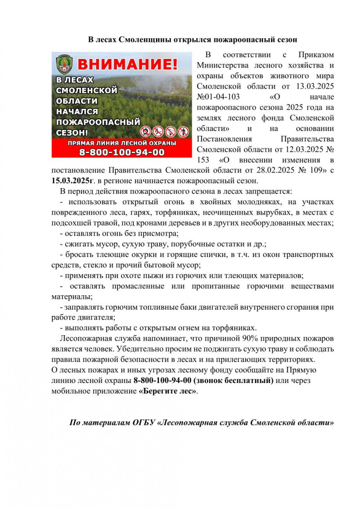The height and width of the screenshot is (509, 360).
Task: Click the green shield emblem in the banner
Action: click(64, 64)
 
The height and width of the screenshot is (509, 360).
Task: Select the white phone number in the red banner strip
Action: click(122, 152)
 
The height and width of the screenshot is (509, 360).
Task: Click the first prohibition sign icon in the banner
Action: click(145, 131)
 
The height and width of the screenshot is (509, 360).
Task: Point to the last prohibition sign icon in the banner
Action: click(182, 131)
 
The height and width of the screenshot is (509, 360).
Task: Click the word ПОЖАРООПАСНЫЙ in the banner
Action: click(98, 122)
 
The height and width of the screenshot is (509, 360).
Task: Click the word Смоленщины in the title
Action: click(146, 40)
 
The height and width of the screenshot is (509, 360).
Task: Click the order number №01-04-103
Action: click(218, 96)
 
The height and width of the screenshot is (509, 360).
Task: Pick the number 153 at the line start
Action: click(204, 160)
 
